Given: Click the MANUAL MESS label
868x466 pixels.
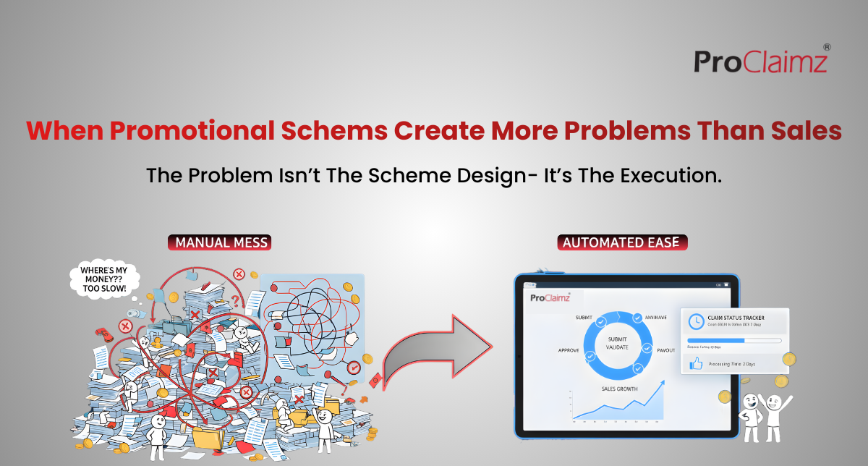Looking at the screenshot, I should tap(218, 242).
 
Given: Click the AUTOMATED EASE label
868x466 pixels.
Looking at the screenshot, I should tap(622, 242).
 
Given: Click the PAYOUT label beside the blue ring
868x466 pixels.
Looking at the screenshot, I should tap(665, 350).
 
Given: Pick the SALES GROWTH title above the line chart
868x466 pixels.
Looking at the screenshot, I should tap(619, 389).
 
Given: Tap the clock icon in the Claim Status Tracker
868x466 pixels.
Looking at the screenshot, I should tap(696, 321).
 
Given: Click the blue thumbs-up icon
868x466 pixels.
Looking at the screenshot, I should tap(696, 364).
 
